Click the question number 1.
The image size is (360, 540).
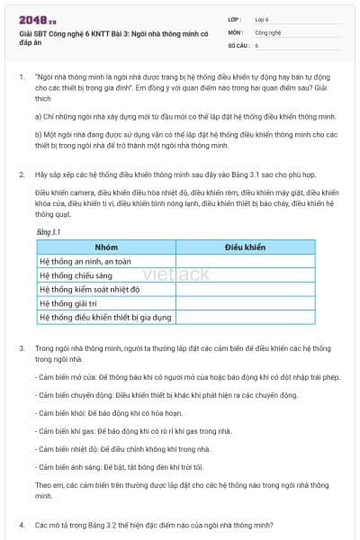pyautogui.click(x=21, y=78)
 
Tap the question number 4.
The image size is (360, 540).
pyautogui.click(x=21, y=524)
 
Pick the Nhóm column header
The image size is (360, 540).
pyautogui.click(x=106, y=246)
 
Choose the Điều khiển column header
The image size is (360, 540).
pyautogui.click(x=245, y=246)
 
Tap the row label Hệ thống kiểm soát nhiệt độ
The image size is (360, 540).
pyautogui.click(x=90, y=289)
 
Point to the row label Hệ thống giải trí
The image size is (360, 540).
pyautogui.click(x=68, y=303)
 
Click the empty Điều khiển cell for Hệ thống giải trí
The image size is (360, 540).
pyautogui.click(x=245, y=303)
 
